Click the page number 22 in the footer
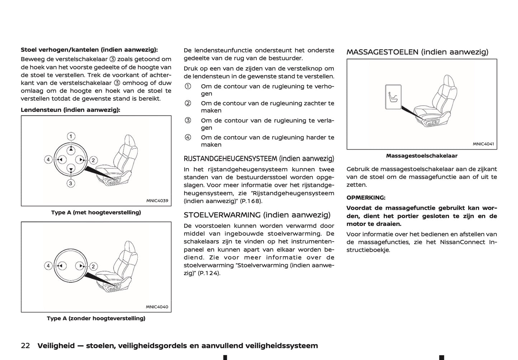click(25, 346)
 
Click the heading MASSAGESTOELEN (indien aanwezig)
click(417, 52)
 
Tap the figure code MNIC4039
click(157, 201)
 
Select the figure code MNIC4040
click(157, 307)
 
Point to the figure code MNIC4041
click(483, 144)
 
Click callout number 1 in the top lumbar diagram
click(71, 136)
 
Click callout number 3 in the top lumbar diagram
click(71, 183)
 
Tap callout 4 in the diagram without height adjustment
click(48, 266)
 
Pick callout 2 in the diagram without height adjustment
click(93, 266)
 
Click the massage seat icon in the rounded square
click(393, 97)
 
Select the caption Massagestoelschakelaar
click(422, 156)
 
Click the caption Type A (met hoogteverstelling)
click(96, 212)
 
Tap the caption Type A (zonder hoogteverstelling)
click(96, 318)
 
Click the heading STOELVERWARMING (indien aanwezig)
click(257, 215)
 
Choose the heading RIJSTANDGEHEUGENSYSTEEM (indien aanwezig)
click(259, 158)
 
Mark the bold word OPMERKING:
click(366, 198)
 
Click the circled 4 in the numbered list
click(188, 137)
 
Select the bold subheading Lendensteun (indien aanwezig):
click(70, 110)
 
